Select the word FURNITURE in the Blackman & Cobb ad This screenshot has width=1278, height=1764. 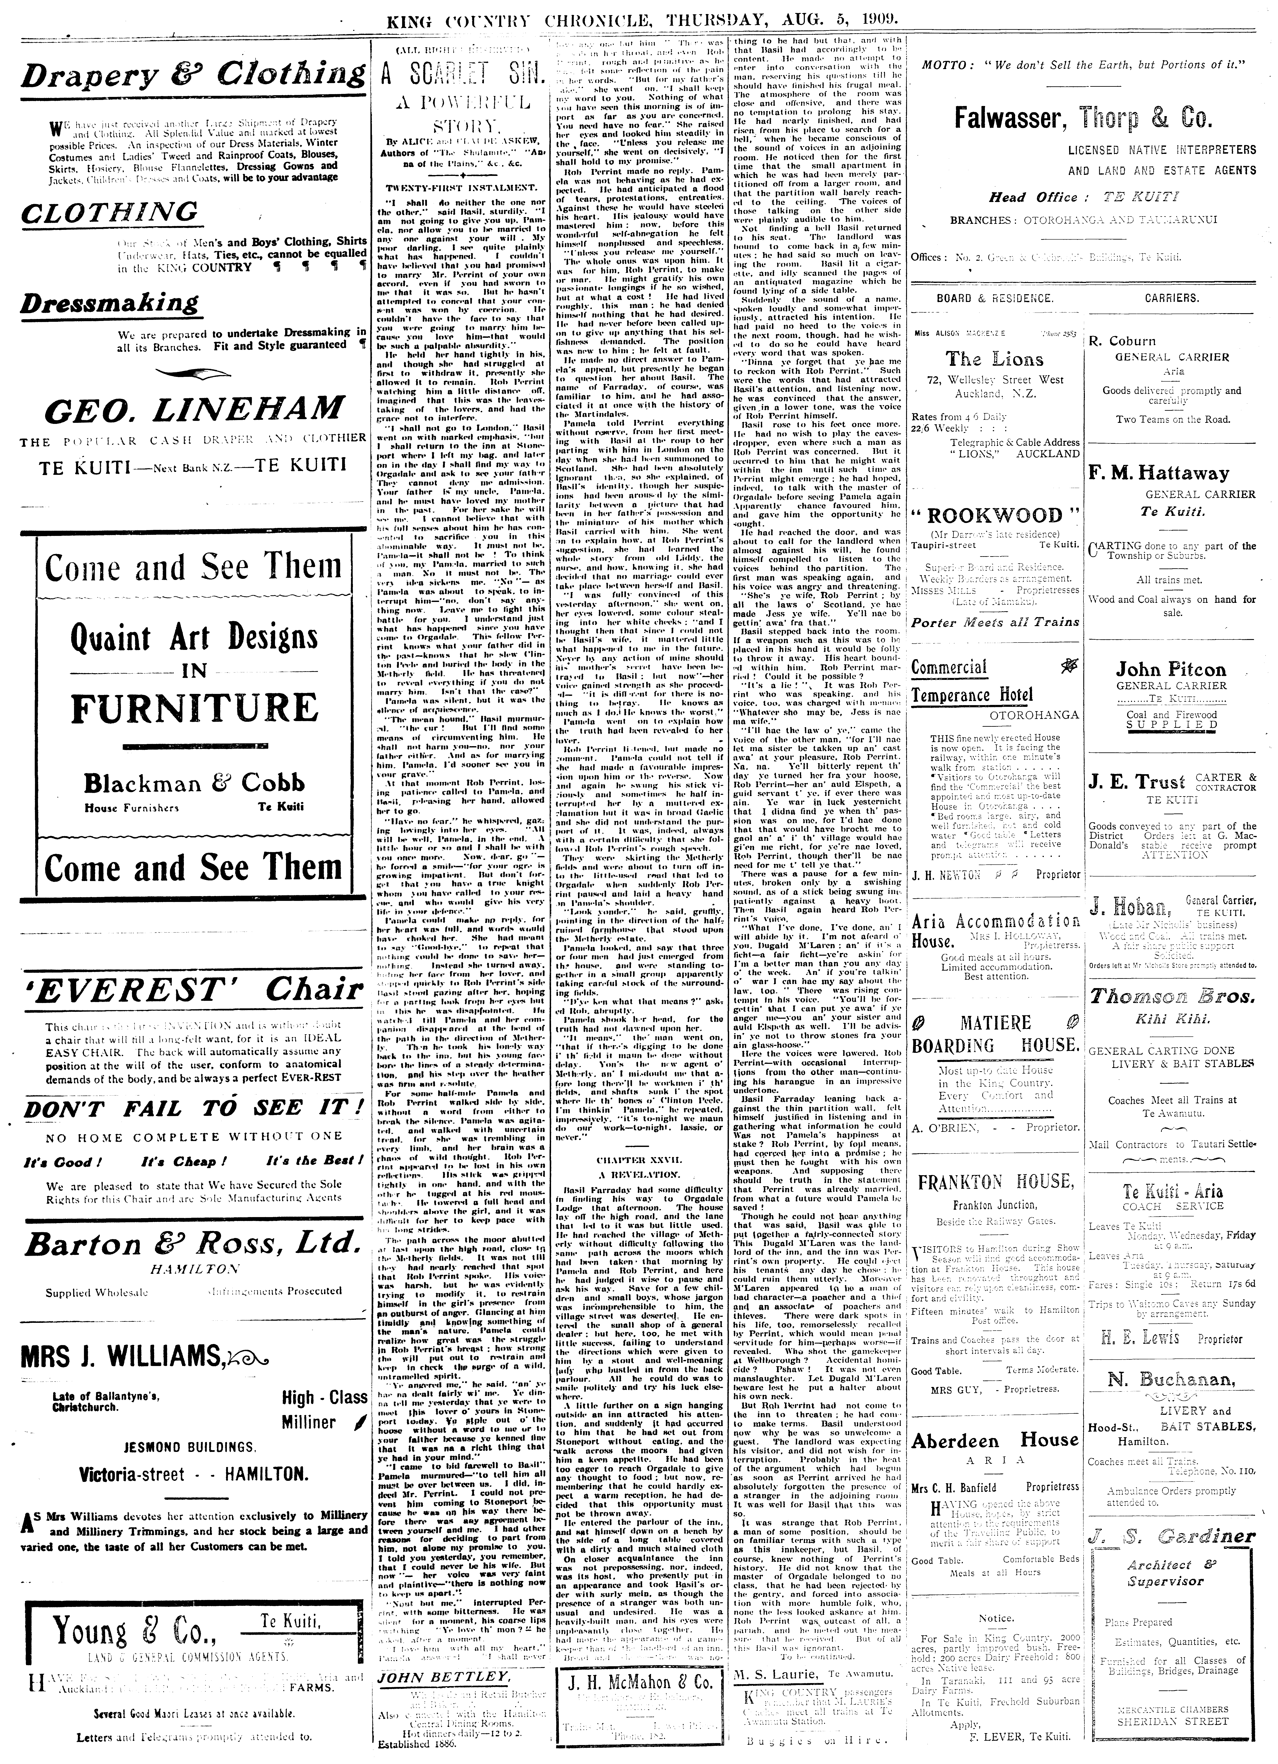194,708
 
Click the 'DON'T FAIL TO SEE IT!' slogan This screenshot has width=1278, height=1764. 194,1108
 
